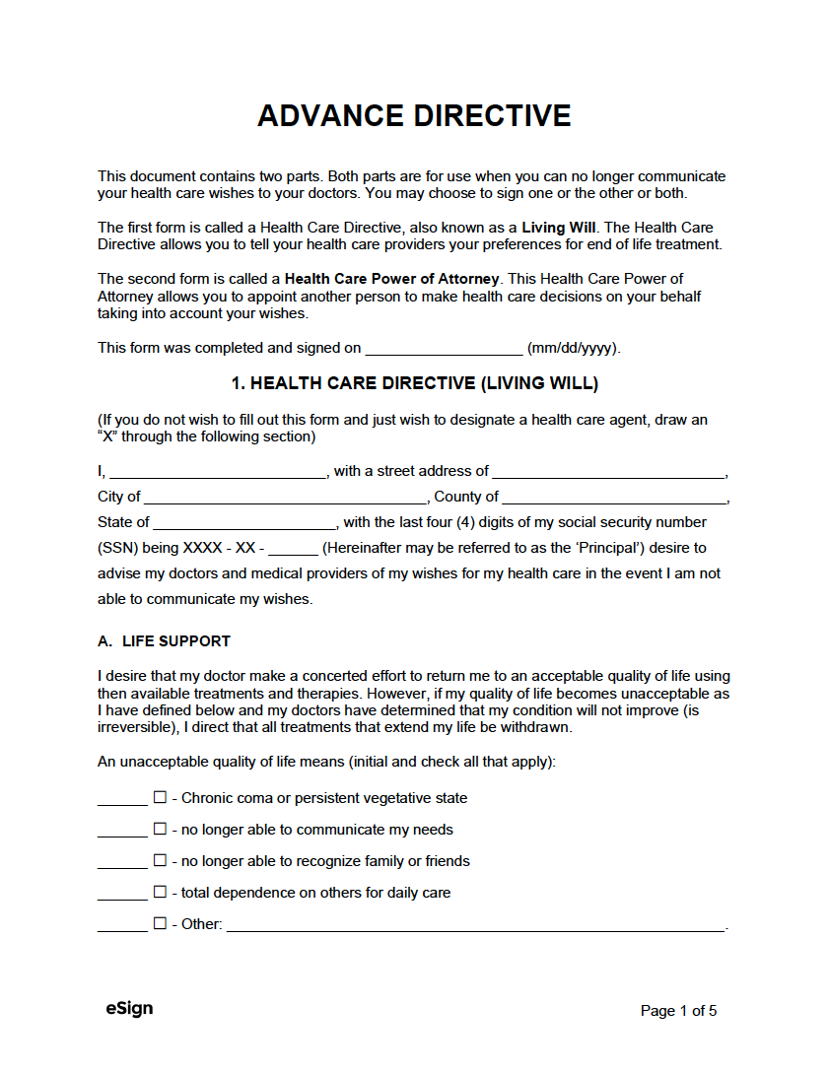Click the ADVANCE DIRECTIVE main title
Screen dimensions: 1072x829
pyautogui.click(x=414, y=116)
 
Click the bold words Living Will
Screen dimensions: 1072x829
pyautogui.click(x=558, y=227)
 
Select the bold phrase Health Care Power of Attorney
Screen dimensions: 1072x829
pyautogui.click(x=391, y=279)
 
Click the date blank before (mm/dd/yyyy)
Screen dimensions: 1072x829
pyautogui.click(x=444, y=349)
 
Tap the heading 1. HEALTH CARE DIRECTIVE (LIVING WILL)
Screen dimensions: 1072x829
pyautogui.click(x=414, y=383)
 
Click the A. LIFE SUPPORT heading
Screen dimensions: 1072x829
pyautogui.click(x=164, y=641)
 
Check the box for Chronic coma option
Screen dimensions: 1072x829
pyautogui.click(x=160, y=798)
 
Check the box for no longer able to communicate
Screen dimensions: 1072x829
pyautogui.click(x=160, y=830)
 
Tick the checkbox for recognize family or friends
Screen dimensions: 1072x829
pyautogui.click(x=160, y=861)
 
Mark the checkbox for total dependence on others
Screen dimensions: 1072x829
pyautogui.click(x=160, y=893)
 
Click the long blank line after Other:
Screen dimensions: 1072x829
pyautogui.click(x=476, y=926)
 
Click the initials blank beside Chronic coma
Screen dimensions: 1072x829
pyautogui.click(x=122, y=800)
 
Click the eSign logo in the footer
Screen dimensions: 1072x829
pyautogui.click(x=129, y=1009)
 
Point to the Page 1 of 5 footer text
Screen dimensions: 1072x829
pyautogui.click(x=678, y=1011)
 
